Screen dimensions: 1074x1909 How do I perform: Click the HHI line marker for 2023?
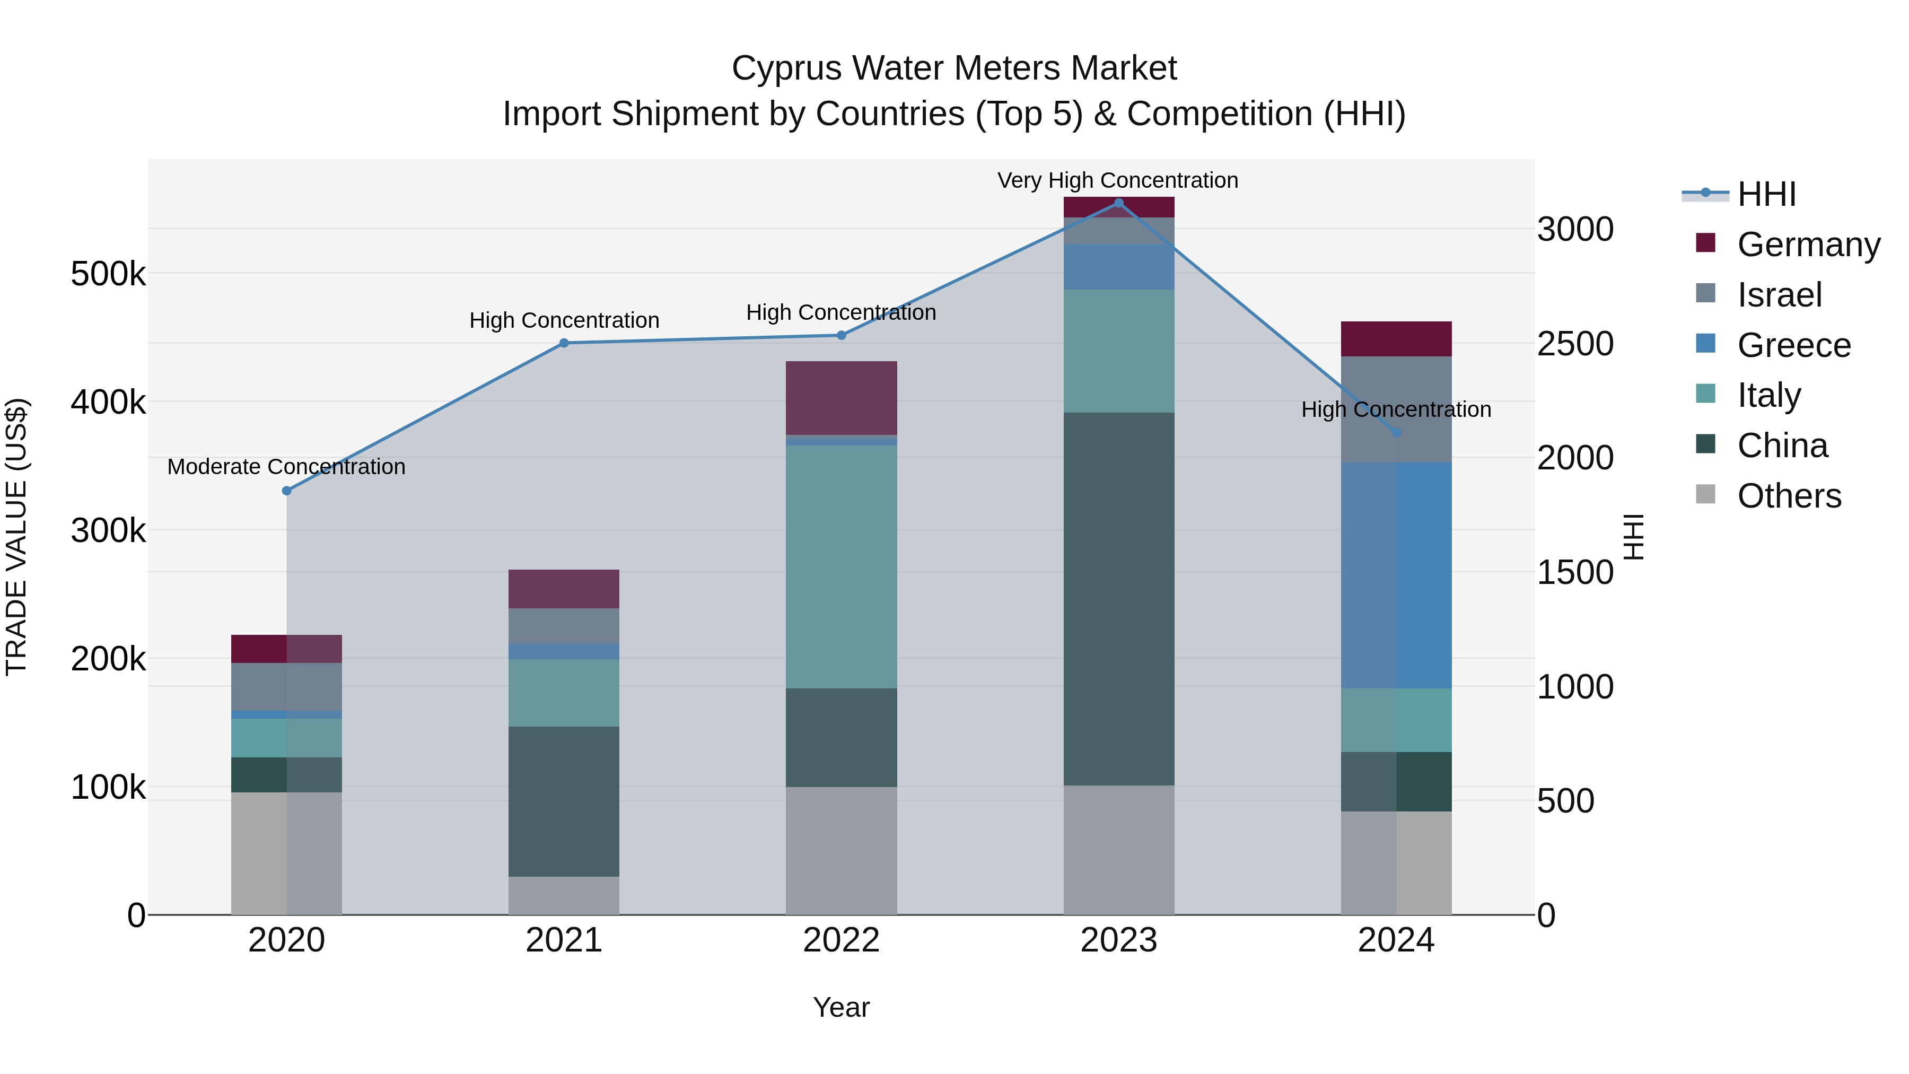[x=1118, y=203]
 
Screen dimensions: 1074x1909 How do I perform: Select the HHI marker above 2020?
[x=287, y=491]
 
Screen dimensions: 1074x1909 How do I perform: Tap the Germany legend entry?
[x=1808, y=245]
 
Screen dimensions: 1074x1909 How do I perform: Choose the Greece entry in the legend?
[x=1793, y=345]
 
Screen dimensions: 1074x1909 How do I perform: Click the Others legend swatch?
[x=1705, y=494]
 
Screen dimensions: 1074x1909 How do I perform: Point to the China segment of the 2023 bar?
[x=1118, y=599]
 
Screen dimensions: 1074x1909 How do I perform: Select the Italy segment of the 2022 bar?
[x=841, y=567]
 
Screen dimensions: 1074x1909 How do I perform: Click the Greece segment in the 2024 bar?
[x=1396, y=575]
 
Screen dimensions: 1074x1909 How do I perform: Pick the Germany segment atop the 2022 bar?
[x=841, y=398]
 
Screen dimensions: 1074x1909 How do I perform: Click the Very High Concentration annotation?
[x=1117, y=181]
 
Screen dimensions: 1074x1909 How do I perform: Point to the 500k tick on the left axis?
[x=108, y=275]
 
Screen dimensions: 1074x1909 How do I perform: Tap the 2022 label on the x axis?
[x=841, y=940]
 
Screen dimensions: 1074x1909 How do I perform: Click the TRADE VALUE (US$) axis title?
[x=16, y=537]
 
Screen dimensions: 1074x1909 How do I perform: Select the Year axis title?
[x=841, y=1007]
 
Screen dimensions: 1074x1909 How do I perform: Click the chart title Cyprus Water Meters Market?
[x=954, y=68]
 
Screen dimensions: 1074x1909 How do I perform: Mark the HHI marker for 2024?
[x=1396, y=432]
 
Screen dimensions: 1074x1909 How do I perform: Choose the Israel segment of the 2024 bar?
[x=1396, y=410]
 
